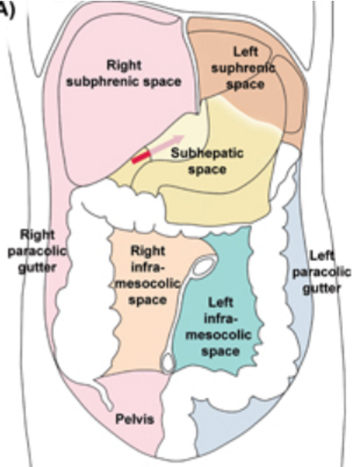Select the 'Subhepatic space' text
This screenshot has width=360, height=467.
click(206, 160)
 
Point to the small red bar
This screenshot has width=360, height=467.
click(141, 158)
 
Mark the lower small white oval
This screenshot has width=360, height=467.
click(168, 362)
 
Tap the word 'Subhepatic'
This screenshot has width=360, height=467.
click(207, 153)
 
